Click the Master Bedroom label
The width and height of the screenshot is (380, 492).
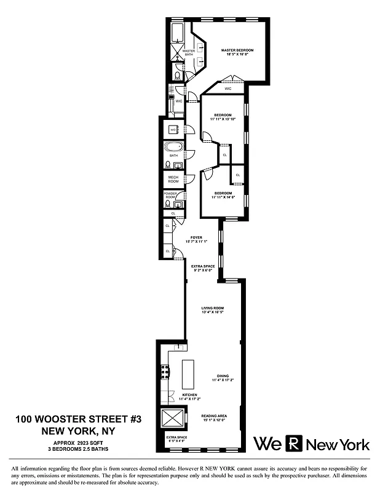[x=237, y=50]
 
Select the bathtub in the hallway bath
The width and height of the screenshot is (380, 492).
[x=173, y=148]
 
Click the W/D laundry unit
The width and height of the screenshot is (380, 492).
[x=173, y=130]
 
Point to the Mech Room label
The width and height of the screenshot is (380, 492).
[x=173, y=179]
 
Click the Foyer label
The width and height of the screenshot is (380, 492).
[x=196, y=237]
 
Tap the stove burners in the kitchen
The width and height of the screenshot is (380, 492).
[x=164, y=371]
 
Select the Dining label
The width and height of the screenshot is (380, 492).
[x=222, y=376]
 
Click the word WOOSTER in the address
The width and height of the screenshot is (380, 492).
[x=80, y=419]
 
